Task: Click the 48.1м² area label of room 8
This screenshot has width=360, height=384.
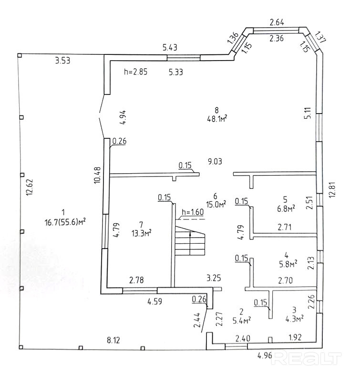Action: [x=217, y=119]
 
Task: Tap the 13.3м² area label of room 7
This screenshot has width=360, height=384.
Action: [x=141, y=233]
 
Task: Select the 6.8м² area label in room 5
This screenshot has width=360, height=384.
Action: [x=285, y=209]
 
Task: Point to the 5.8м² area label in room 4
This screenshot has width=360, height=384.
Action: [x=288, y=264]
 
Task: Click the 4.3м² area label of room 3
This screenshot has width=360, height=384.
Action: [x=294, y=319]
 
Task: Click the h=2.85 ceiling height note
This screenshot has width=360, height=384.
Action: [x=135, y=72]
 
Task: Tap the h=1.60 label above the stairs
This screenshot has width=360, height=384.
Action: [x=193, y=212]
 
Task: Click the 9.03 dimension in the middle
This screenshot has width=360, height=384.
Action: [x=215, y=162]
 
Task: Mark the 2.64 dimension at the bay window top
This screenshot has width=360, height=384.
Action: [x=277, y=22]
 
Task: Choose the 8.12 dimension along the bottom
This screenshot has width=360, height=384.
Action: [x=113, y=340]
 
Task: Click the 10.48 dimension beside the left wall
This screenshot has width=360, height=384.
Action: [x=97, y=175]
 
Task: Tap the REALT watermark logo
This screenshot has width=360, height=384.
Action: [x=307, y=358]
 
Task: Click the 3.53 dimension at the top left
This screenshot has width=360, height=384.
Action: [x=62, y=61]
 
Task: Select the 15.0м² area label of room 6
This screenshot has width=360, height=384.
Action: [x=216, y=204]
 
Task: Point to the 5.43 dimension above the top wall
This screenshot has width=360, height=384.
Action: [x=170, y=47]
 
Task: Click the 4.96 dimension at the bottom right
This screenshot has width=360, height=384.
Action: [x=265, y=355]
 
